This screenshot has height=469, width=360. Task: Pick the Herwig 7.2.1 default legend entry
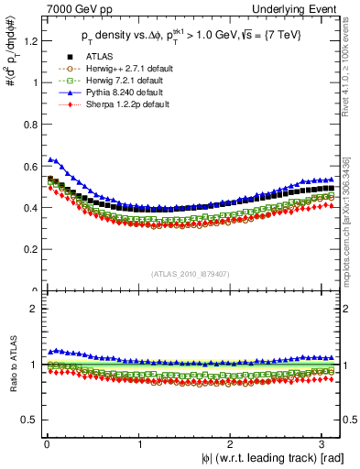119,80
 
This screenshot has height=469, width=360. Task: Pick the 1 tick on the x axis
139,443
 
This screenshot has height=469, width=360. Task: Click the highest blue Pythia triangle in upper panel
49,158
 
